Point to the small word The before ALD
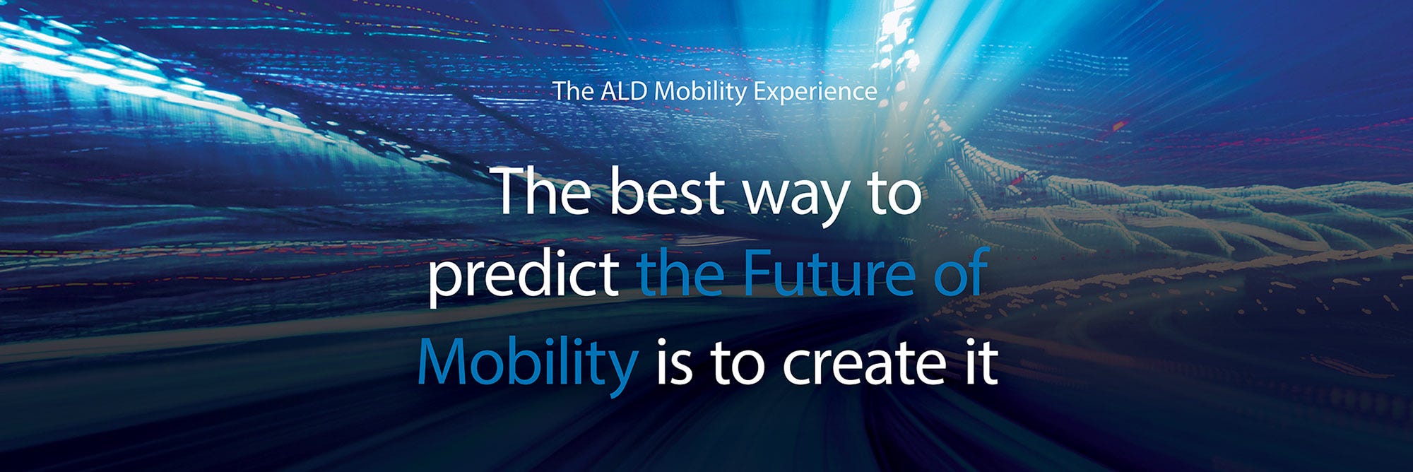click(573, 91)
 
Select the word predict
click(524, 276)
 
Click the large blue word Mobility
click(527, 362)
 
